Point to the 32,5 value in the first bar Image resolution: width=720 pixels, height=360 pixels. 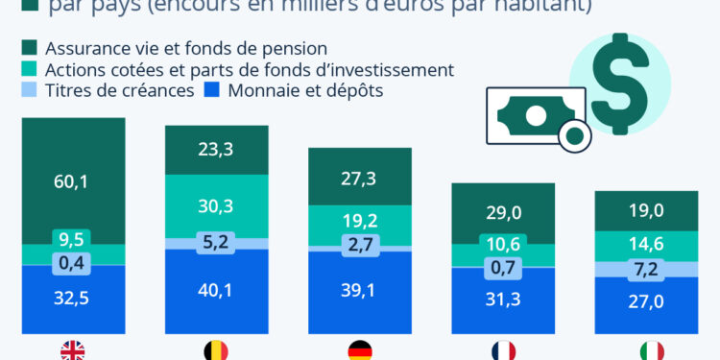(73, 299)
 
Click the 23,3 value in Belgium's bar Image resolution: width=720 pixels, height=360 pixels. (216, 149)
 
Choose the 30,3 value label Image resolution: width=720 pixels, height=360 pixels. (216, 206)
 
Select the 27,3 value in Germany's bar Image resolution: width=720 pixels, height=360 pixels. (359, 179)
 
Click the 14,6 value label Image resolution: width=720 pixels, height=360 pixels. (645, 244)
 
